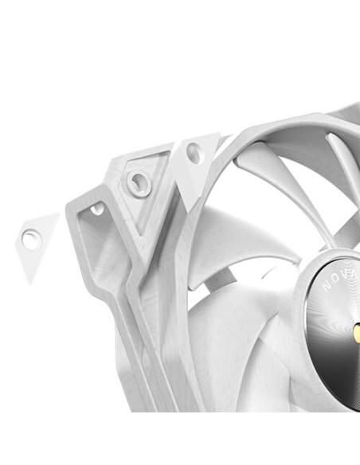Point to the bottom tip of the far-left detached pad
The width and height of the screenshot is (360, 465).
coord(32,281)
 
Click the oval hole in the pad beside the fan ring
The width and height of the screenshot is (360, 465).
coord(194,154)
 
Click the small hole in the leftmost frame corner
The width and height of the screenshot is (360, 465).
coord(97,209)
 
